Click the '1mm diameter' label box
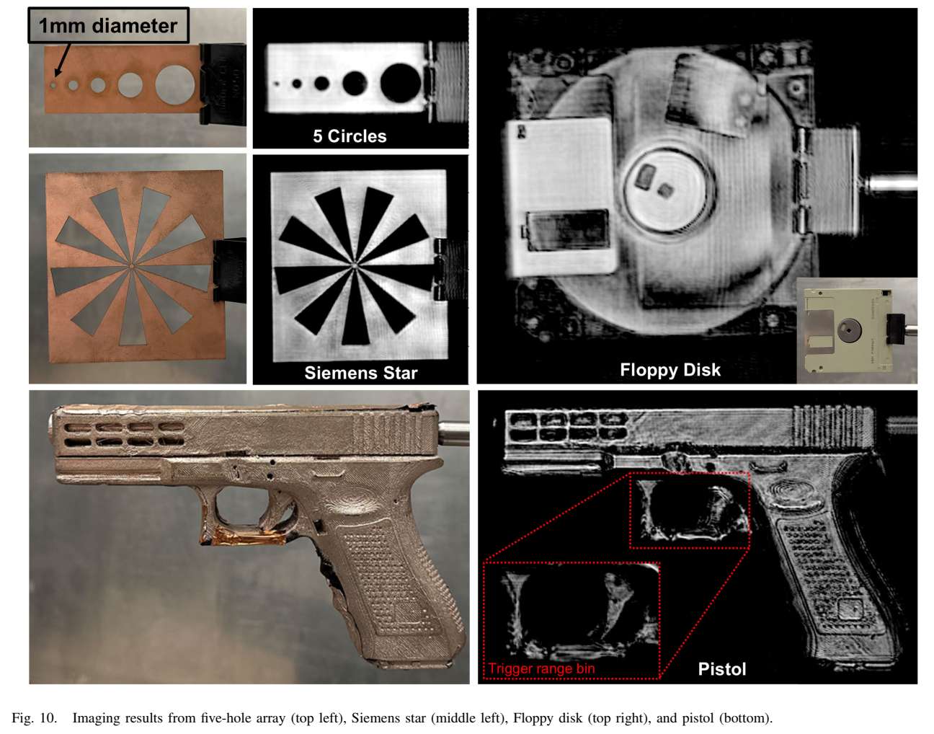(x=108, y=25)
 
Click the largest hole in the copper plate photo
(x=174, y=84)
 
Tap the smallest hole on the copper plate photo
(x=53, y=85)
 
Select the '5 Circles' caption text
(x=350, y=136)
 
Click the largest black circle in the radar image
(x=401, y=83)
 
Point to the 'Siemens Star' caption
(x=360, y=373)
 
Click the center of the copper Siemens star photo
(x=131, y=266)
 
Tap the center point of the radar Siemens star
(x=355, y=266)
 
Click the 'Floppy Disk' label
(x=670, y=370)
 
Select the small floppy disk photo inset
(x=857, y=330)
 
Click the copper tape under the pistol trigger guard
(x=244, y=537)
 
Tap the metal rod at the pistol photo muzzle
(x=453, y=433)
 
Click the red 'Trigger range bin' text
(x=541, y=668)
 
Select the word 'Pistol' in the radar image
(x=722, y=668)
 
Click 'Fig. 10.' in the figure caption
(x=34, y=718)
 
